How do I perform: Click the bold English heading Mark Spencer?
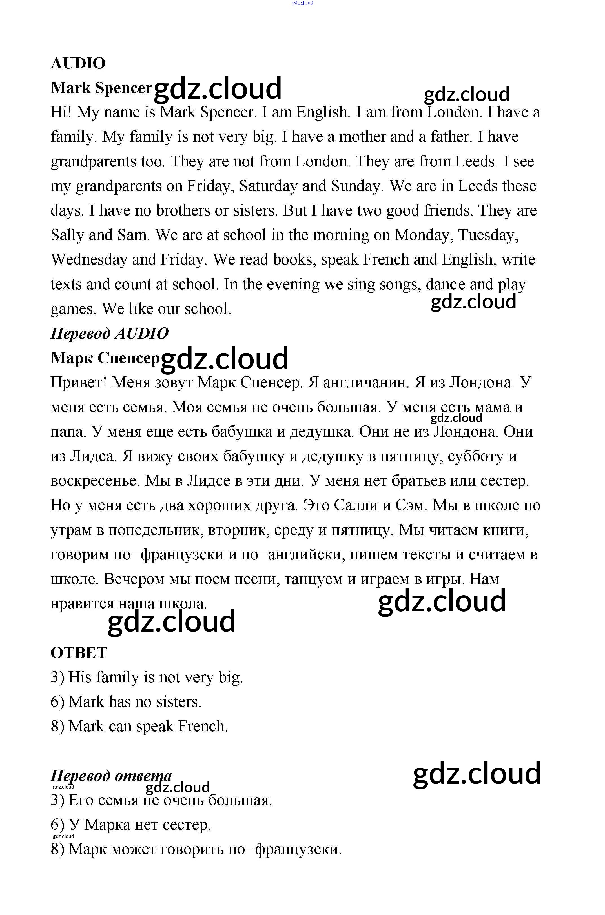click(101, 88)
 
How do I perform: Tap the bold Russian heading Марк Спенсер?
click(105, 358)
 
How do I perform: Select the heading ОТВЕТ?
click(79, 653)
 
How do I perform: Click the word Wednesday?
click(89, 260)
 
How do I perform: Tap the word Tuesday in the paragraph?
click(488, 235)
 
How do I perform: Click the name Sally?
click(67, 235)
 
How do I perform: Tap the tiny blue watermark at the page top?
click(303, 3)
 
